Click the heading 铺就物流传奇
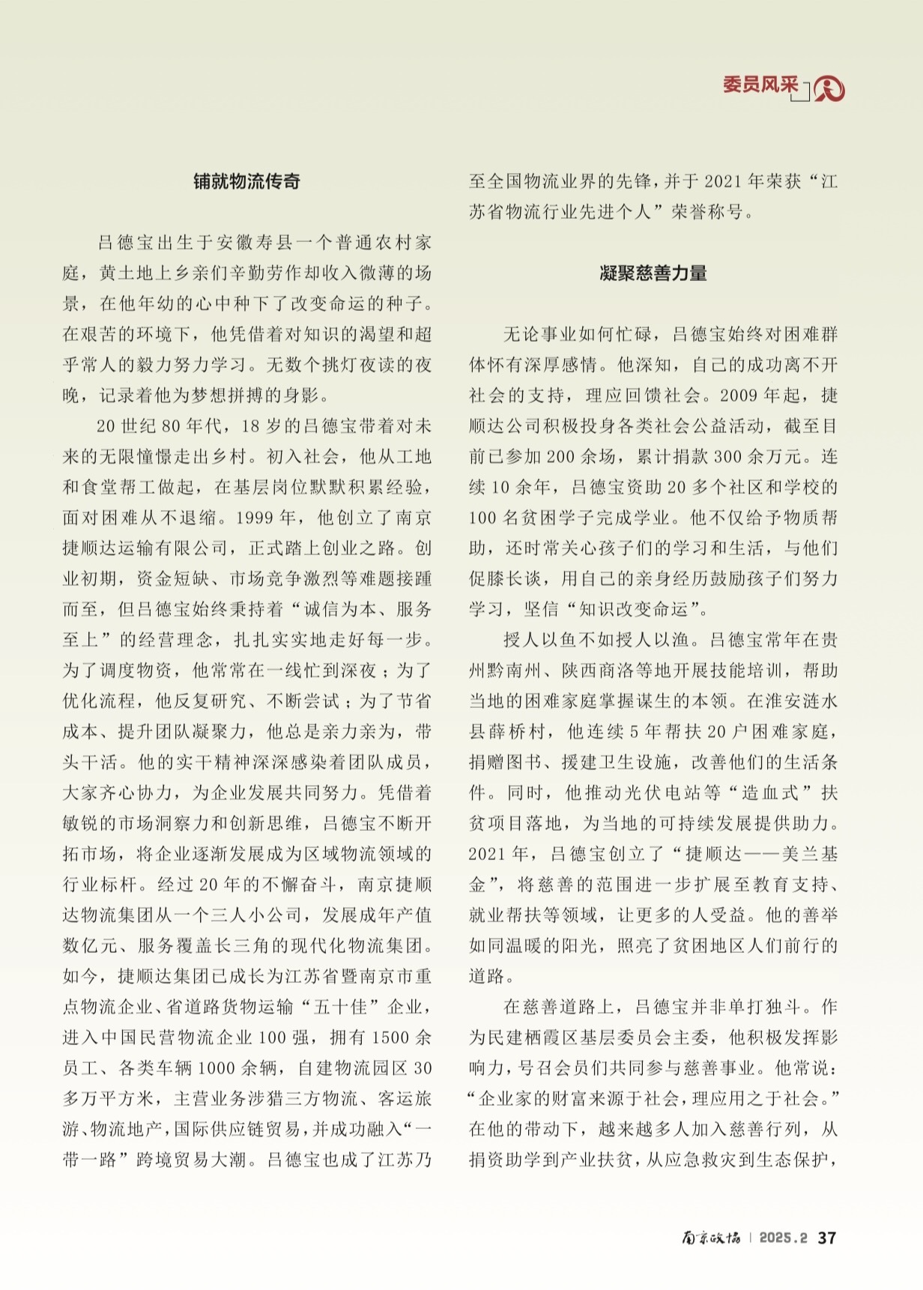[x=246, y=181]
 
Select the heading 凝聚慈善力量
[x=653, y=273]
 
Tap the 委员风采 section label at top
[x=760, y=85]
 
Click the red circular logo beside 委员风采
[x=829, y=89]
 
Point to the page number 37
[x=826, y=1238]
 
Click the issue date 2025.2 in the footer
[x=783, y=1238]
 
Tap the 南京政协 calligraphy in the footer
[x=710, y=1238]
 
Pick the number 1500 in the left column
[x=390, y=1038]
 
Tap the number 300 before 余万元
[x=727, y=456]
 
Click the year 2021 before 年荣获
[x=722, y=181]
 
